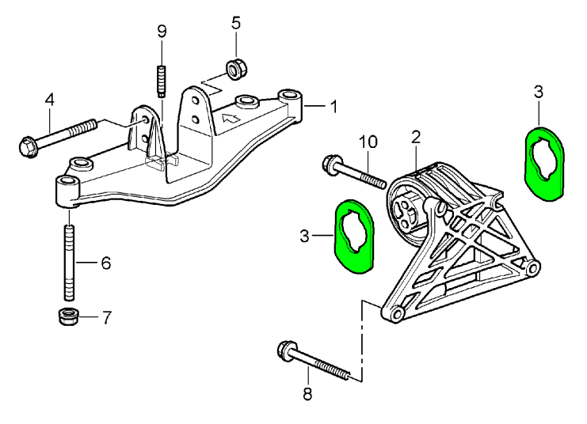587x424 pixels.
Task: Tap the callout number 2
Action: (415, 137)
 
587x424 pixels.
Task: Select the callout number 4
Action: (49, 100)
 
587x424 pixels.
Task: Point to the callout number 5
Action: (235, 22)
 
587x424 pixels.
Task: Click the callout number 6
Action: (105, 263)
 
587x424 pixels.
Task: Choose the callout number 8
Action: (308, 393)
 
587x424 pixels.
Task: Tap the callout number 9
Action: (162, 32)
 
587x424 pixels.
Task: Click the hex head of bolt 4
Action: (25, 146)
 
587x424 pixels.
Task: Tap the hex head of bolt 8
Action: (285, 349)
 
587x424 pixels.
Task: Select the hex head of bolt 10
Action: (330, 164)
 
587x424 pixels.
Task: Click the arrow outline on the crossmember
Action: (231, 119)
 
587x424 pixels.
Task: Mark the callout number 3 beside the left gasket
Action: (306, 235)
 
